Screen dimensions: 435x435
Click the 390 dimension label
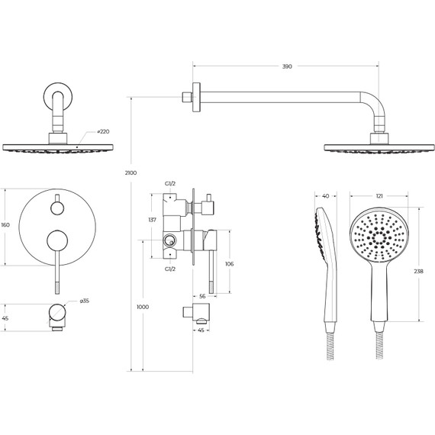[287, 66]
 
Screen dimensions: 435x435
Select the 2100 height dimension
[130, 172]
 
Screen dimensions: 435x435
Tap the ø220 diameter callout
[103, 131]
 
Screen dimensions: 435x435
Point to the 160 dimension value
[5, 224]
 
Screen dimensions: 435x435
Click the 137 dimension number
[153, 220]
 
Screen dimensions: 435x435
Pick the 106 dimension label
[230, 264]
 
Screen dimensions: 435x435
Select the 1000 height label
[143, 307]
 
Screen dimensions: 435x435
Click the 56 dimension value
[202, 296]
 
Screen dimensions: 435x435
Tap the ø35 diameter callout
[85, 301]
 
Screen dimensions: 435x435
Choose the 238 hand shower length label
[419, 272]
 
